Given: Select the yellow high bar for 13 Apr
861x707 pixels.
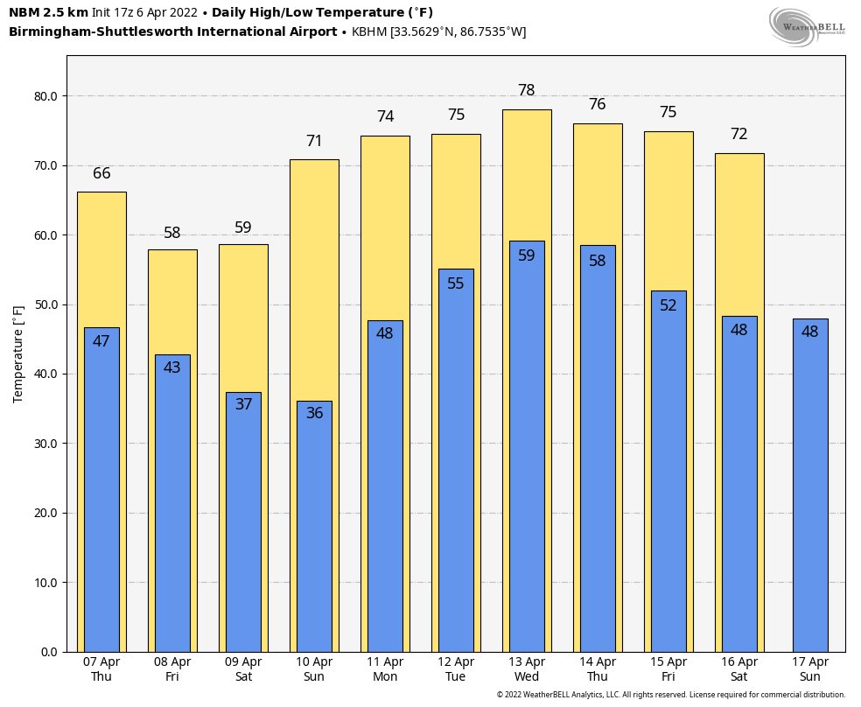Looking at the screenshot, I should point(527,175).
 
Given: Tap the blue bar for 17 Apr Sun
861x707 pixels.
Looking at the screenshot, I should point(809,490).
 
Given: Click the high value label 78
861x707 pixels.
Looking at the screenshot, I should point(526,91).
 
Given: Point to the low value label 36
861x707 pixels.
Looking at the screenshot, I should point(314,413).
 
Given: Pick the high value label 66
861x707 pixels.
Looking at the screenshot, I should point(101,173).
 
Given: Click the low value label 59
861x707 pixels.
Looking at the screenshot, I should point(526,255).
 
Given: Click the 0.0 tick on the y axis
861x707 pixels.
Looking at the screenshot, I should point(49,652).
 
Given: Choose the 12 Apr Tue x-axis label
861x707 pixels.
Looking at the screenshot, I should point(455,669).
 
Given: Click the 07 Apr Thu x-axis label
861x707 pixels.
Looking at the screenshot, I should point(101,669).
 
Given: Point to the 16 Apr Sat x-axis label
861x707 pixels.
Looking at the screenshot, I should point(739,669).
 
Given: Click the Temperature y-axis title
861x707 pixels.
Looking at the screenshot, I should point(18,353).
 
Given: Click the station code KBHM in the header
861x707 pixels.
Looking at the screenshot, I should point(368,32).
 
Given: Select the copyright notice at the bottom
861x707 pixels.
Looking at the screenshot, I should point(670,695).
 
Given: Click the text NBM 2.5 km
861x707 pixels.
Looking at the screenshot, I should point(48,13).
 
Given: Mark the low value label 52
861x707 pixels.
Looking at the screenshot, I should point(668,305).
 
